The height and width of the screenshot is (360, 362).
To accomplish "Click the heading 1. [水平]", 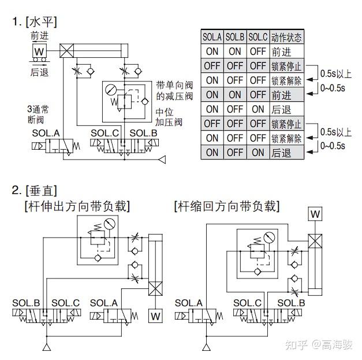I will pyautogui.click(x=35, y=22).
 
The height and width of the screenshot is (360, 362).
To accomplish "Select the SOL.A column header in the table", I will pyautogui.click(x=212, y=37).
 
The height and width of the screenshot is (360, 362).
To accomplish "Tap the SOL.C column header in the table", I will pyautogui.click(x=257, y=37).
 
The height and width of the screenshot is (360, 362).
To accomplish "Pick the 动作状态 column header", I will pyautogui.click(x=286, y=37).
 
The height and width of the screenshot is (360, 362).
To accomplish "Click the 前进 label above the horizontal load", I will pyautogui.click(x=40, y=36).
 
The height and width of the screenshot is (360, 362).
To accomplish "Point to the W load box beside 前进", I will pyautogui.click(x=39, y=51).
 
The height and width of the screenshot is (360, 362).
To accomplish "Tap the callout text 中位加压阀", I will pyautogui.click(x=169, y=117).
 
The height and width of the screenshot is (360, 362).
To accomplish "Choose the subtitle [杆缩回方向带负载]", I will pyautogui.click(x=226, y=206).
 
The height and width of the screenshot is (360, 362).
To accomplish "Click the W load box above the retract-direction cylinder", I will pyautogui.click(x=315, y=214).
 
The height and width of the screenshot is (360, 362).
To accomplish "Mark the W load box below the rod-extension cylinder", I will pyautogui.click(x=155, y=316).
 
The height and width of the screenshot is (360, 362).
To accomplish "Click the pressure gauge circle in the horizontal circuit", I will pyautogui.click(x=111, y=91).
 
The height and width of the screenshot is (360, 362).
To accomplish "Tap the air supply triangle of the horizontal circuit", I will pyautogui.click(x=163, y=158).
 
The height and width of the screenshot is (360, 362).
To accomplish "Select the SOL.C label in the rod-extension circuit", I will pyautogui.click(x=65, y=303).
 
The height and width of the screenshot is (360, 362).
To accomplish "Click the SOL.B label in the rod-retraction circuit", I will pyautogui.click(x=291, y=303).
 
